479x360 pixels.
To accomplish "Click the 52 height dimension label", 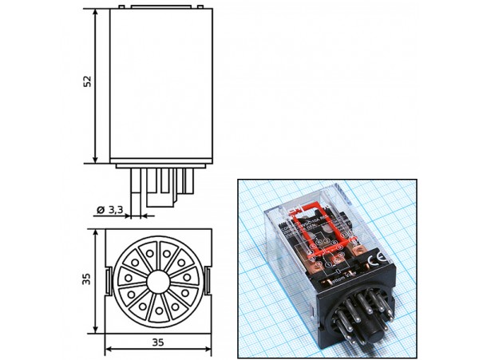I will pos(88,82).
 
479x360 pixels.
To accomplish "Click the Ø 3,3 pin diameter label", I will pos(109,209).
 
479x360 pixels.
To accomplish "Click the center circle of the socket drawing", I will pos(157,279).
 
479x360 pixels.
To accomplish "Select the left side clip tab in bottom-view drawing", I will pos(107,279).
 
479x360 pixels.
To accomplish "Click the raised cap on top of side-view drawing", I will pos(157,6).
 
